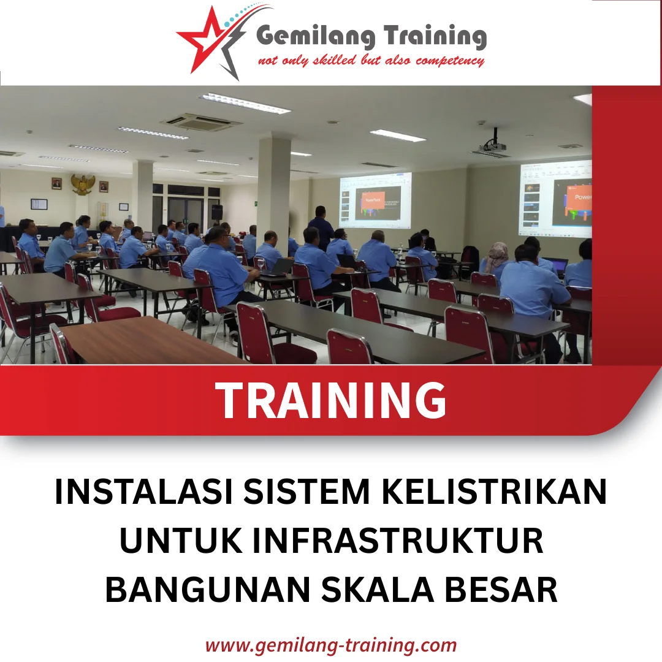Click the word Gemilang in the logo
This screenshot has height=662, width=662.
point(313,37)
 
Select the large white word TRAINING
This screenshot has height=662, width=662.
point(332,400)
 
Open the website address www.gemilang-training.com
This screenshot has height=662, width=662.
point(331,645)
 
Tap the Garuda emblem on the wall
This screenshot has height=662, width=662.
point(83,184)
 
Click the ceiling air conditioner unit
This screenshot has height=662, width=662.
point(202,121)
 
